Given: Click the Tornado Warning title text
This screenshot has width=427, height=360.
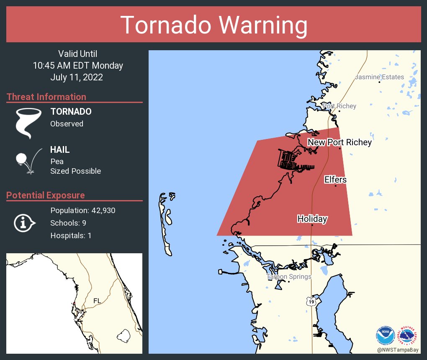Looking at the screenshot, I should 213,25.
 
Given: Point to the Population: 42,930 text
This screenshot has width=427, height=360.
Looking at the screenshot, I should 82,210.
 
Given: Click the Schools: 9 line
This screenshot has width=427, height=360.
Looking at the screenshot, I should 68,223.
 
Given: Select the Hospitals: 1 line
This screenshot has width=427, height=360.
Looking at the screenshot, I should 71,235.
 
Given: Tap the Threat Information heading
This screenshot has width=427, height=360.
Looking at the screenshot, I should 46,97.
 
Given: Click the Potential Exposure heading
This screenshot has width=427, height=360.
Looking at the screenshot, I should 46,195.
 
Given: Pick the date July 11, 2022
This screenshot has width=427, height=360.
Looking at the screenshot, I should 77,77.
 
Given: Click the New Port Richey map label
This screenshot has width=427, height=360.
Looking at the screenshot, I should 340,142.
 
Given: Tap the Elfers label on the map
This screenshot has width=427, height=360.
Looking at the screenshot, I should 335,180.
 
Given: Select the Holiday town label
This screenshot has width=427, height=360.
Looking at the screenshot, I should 312,219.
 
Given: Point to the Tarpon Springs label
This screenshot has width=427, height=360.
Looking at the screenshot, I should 289,277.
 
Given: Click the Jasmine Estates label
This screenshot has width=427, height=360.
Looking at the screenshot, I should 379,77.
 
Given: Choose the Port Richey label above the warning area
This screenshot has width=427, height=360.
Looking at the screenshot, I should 339,106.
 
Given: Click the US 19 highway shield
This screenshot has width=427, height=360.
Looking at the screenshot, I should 310,301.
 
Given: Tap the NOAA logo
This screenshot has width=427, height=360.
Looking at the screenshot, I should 385,336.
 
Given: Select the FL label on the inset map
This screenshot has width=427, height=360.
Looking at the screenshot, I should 97,301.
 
